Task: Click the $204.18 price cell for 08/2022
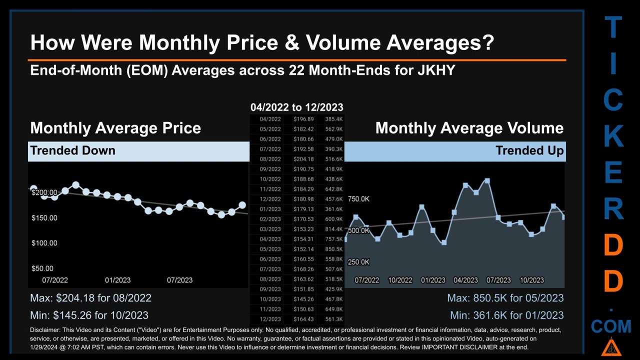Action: [x=303, y=159]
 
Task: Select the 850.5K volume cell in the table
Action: [x=333, y=249]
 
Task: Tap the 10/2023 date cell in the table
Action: [x=270, y=299]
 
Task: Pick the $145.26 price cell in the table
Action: [x=303, y=299]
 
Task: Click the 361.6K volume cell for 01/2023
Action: [x=333, y=209]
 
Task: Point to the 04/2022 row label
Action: [x=270, y=119]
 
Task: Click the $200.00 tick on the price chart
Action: [x=44, y=192]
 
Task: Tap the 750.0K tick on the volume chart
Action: [x=358, y=199]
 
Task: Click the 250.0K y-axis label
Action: [x=358, y=262]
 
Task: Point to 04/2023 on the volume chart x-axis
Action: [x=465, y=280]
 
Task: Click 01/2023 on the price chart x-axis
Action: [x=117, y=280]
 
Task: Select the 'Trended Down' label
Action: [x=73, y=150]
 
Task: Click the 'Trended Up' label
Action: [x=529, y=150]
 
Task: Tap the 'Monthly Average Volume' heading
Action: [x=469, y=128]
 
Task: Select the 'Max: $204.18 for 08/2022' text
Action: [x=90, y=298]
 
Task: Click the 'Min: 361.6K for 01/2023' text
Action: [x=506, y=315]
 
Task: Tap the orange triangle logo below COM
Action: [x=610, y=346]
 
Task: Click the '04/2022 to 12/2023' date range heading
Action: [x=296, y=107]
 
